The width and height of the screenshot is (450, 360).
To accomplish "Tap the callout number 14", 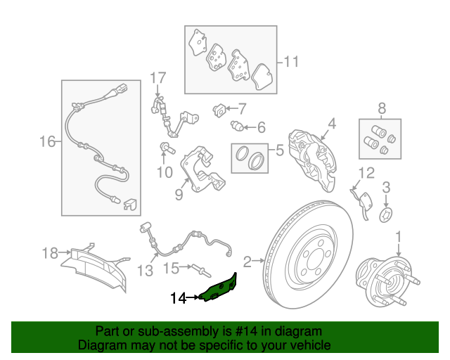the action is point(179,298).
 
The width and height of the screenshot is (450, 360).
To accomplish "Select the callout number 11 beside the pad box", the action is point(291,62).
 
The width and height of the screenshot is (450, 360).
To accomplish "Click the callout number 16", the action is point(47,142).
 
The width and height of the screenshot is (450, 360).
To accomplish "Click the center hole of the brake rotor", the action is point(316,259).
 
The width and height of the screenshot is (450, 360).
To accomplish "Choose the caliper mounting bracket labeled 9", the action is point(202,170).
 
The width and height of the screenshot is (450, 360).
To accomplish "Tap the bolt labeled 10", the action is point(167,148).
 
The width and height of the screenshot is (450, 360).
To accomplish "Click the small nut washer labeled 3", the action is point(386,215).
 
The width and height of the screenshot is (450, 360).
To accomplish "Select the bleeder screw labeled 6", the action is point(237,125).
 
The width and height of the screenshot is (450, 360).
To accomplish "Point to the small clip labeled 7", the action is point(219,110).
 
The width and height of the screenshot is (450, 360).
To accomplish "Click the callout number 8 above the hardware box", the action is point(382,109).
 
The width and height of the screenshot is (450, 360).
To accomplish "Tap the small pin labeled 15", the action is point(202,271).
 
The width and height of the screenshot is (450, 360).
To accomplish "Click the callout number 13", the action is point(146,271).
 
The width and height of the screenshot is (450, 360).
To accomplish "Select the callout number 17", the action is point(158,78).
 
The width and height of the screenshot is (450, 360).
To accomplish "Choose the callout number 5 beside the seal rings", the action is point(280,150).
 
